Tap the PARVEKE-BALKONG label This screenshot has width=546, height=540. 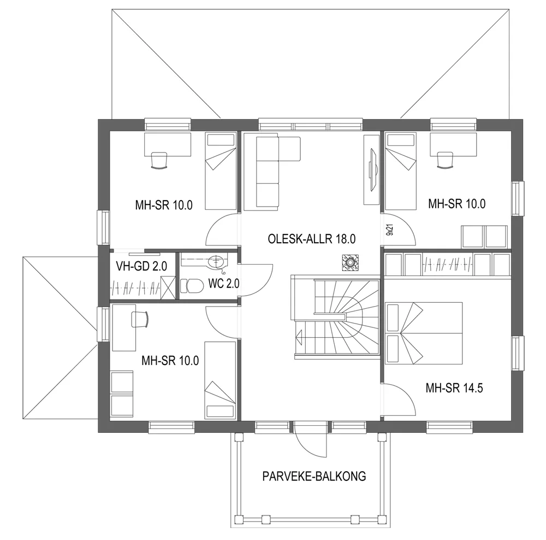pyautogui.click(x=313, y=476)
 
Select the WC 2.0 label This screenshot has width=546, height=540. pyautogui.click(x=224, y=284)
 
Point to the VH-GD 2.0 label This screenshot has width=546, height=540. pyautogui.click(x=142, y=266)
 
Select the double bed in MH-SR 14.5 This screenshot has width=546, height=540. pyautogui.click(x=424, y=333)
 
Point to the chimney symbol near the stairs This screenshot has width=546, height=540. pyautogui.click(x=349, y=262)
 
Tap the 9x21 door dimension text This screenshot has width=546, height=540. pyautogui.click(x=389, y=230)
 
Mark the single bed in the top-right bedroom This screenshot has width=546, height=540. pyautogui.click(x=399, y=171)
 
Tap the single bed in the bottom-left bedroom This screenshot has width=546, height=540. pyautogui.click(x=219, y=380)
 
